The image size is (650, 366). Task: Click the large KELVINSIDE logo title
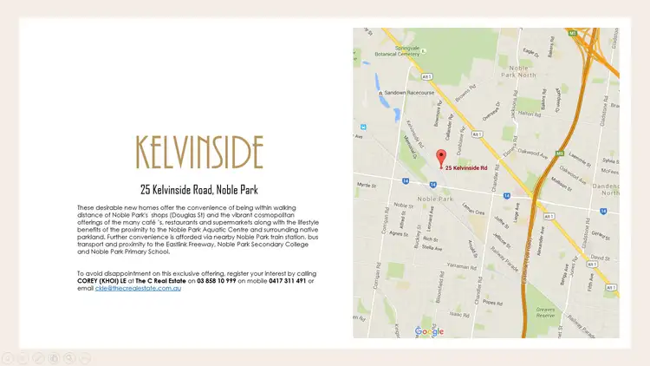click(x=199, y=152)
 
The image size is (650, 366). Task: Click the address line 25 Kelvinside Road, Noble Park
click(x=199, y=189)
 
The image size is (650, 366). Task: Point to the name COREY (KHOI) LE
click(x=107, y=280)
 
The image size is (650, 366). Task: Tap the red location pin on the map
click(x=439, y=157)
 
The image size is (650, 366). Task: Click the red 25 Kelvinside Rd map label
click(x=466, y=167)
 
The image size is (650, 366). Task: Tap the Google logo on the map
click(x=429, y=330)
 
